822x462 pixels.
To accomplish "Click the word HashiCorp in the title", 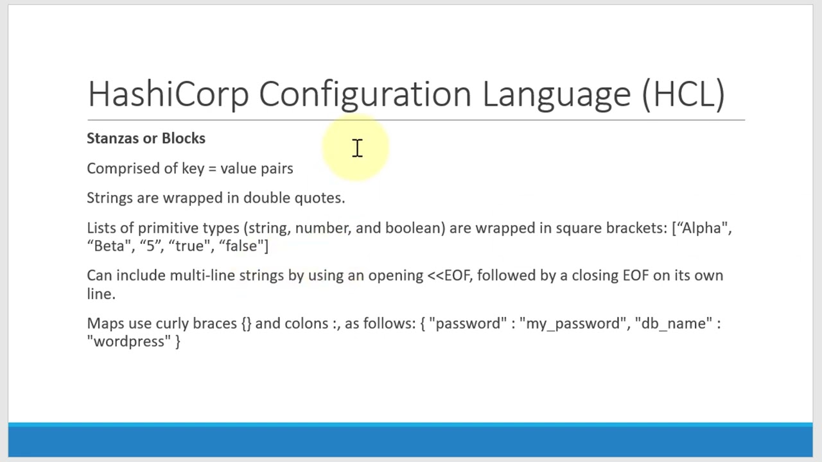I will point(168,94).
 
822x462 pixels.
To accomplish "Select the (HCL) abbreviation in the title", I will point(683,94).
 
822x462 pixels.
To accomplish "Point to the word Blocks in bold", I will point(184,139).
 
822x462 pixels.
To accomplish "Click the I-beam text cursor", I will point(358,148).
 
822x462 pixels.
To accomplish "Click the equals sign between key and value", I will point(212,169).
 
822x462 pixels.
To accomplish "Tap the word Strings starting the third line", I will point(109,198).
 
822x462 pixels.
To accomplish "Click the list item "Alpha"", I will point(702,228).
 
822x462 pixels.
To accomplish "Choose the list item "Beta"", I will point(109,246).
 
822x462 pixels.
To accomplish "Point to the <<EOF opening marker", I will point(449,276).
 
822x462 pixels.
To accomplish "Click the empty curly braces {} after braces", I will point(247,323).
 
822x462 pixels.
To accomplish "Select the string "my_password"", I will point(573,323).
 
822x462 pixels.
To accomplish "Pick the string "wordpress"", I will point(129,341).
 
